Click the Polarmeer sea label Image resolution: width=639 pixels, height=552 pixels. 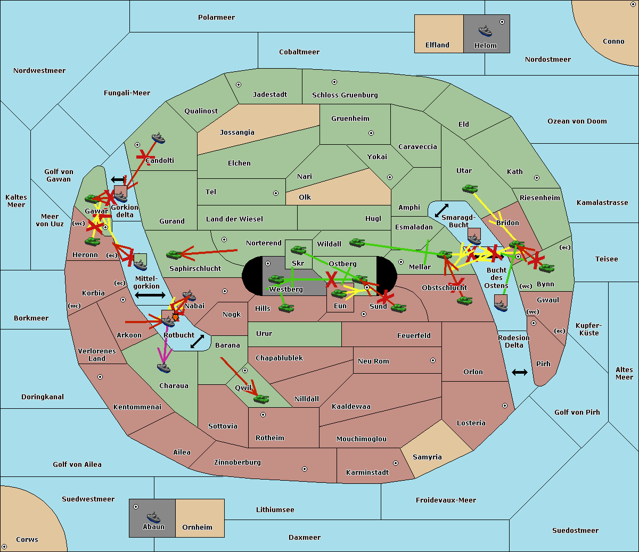(216, 18)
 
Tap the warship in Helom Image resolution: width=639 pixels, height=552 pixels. (485, 31)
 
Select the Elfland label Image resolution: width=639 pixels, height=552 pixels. (437, 45)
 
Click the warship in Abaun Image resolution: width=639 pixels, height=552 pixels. (153, 517)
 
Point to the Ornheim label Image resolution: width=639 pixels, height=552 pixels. (197, 528)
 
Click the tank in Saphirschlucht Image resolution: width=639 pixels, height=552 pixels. (174, 255)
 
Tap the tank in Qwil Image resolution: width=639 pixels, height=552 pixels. (261, 398)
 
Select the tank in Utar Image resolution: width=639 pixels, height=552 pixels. (470, 188)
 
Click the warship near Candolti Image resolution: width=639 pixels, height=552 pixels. (158, 138)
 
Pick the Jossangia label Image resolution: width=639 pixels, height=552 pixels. (237, 133)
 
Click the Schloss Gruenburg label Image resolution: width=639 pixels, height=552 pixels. (345, 95)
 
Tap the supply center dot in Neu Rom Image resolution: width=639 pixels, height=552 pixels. (433, 360)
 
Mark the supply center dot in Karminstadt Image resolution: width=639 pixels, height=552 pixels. (396, 463)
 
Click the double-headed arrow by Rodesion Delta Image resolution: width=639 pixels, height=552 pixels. (520, 372)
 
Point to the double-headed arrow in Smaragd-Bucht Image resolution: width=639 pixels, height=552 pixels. (442, 210)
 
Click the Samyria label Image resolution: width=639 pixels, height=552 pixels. (427, 457)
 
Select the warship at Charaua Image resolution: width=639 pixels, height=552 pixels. (163, 367)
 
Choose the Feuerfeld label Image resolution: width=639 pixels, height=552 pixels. (414, 336)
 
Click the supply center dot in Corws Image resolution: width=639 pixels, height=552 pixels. (4, 547)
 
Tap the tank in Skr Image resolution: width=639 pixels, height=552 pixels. (298, 249)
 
